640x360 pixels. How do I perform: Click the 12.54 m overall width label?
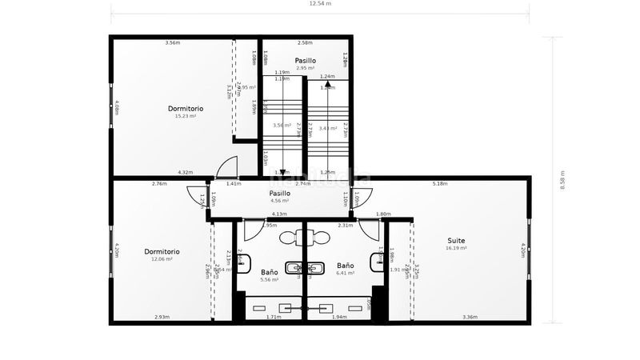[x=320, y=4]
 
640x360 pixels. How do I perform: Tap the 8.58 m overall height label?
[x=562, y=180]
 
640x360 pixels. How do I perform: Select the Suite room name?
[x=456, y=240]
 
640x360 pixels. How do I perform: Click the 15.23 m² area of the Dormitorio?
[x=186, y=116]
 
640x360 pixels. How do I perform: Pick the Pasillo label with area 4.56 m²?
[x=279, y=201]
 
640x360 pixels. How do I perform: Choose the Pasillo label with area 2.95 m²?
[x=305, y=68]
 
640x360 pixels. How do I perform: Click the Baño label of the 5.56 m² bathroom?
[x=270, y=273]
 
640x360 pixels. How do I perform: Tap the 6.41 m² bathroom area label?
[x=346, y=273]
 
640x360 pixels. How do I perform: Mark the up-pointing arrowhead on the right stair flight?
[x=327, y=83]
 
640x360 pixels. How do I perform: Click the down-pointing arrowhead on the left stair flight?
[x=282, y=171]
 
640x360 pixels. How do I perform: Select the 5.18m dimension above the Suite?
[x=439, y=184]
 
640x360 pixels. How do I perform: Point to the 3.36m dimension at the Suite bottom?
[x=470, y=318]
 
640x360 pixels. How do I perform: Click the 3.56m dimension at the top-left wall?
[x=172, y=42]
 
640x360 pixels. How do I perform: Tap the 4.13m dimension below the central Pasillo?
[x=279, y=214]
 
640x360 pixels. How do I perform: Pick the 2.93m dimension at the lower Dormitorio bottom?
[x=162, y=318]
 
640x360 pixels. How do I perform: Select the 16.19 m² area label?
[x=456, y=248]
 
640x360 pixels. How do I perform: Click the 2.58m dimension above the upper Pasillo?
[x=305, y=42]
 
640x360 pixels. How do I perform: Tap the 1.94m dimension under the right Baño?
[x=339, y=318]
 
